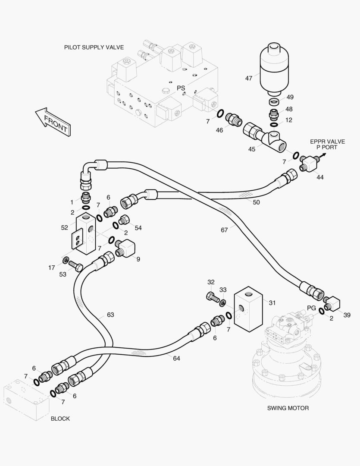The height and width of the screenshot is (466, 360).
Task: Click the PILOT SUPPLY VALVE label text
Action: click(x=94, y=47)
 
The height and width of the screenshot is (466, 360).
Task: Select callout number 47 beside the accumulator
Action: click(x=249, y=79)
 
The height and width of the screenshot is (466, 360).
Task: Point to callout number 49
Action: click(x=290, y=97)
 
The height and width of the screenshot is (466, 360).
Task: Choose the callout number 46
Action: click(x=219, y=130)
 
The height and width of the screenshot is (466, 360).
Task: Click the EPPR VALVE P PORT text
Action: click(x=327, y=145)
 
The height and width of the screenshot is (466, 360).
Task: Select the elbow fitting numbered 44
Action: click(x=309, y=164)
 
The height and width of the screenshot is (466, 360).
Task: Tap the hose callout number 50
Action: click(x=257, y=202)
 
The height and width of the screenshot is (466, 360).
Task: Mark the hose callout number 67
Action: click(x=224, y=230)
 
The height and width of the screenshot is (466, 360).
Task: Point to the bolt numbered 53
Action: click(x=76, y=266)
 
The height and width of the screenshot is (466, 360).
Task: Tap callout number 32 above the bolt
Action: click(x=211, y=282)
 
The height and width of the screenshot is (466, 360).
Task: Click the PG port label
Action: click(x=311, y=308)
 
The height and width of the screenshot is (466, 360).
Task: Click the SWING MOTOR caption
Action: click(x=288, y=408)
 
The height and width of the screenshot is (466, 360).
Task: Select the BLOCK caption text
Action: click(x=60, y=419)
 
